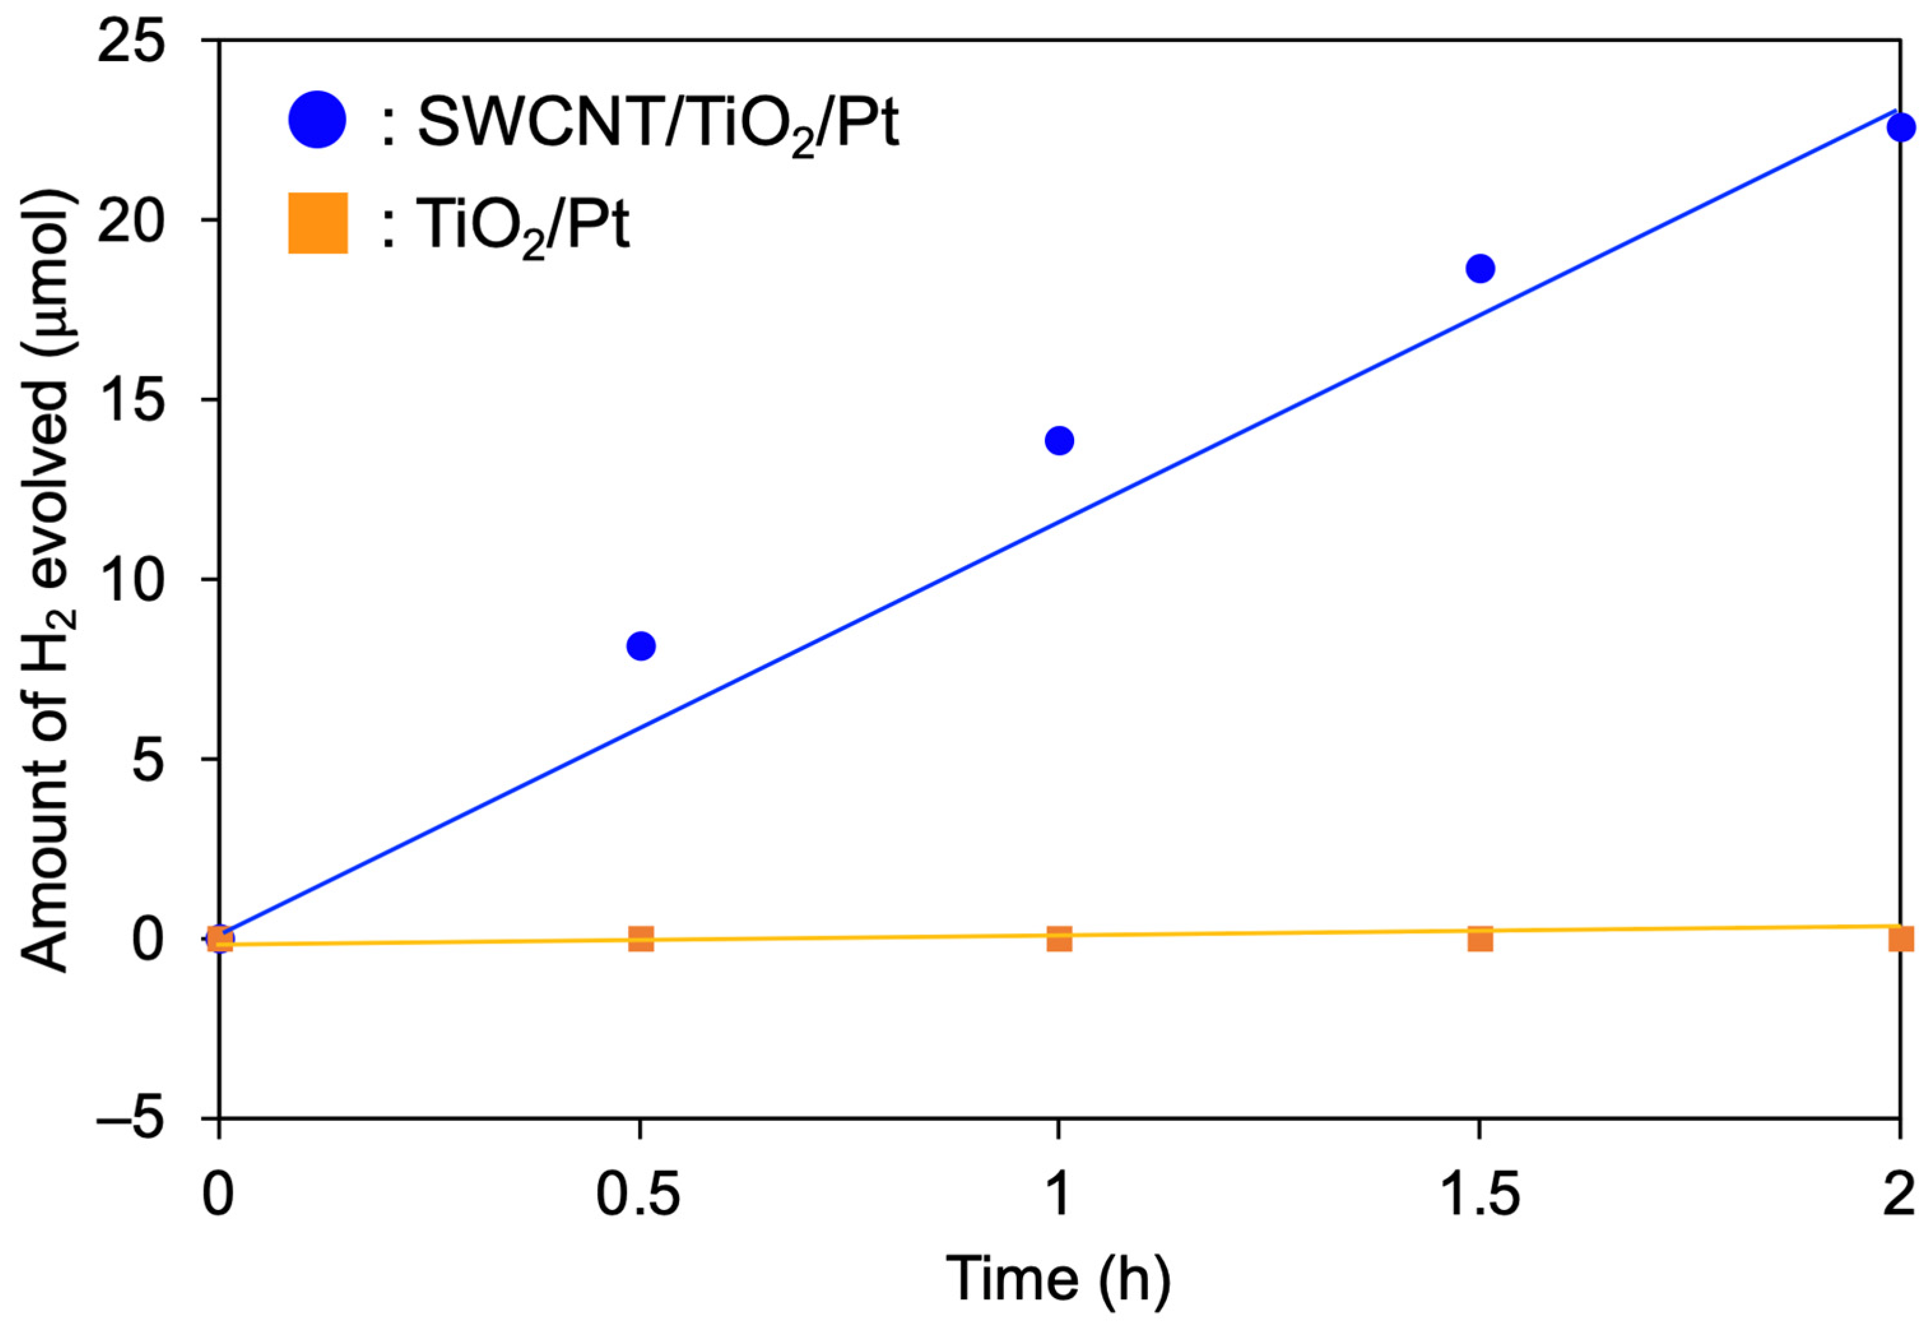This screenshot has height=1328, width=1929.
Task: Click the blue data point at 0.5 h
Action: [x=640, y=646]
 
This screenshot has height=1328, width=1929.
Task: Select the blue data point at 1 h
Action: [x=1059, y=440]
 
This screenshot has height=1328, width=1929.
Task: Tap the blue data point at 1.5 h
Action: [x=1480, y=269]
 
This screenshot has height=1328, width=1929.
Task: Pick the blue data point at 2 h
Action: [x=1901, y=127]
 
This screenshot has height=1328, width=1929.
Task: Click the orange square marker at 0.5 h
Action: [x=640, y=939]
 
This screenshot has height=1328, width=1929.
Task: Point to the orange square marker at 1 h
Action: [x=1059, y=939]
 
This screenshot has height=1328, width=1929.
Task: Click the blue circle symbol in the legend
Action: [x=317, y=120]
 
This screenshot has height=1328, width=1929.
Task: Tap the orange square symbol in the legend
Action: [x=317, y=223]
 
